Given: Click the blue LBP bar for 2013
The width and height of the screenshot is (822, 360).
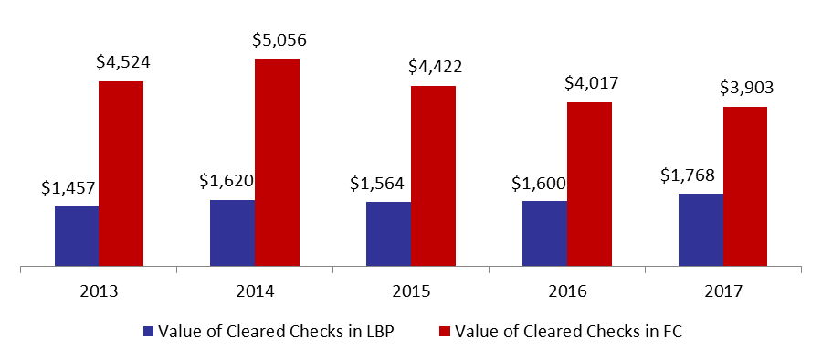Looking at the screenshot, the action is point(77,236).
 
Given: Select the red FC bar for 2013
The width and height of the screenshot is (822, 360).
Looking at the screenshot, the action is point(121,174).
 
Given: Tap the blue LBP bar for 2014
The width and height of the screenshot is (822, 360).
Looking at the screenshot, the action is point(233,233).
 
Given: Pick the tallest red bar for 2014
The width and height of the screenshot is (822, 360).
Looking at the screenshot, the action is point(278,163).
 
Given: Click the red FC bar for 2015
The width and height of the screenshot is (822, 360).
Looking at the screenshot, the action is point(434,175).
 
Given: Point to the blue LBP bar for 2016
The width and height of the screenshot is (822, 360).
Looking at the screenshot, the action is point(544,234).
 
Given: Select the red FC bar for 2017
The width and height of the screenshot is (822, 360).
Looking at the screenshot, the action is point(745,186).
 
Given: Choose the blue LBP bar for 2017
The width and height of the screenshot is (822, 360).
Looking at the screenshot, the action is point(701,230).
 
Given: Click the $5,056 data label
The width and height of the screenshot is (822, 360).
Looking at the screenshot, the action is point(279,40).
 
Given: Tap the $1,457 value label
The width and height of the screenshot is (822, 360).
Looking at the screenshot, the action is point(69,187).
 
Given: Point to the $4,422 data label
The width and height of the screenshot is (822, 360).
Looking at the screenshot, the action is point(436,67).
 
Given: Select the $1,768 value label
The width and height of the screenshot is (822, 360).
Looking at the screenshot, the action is point(687,175).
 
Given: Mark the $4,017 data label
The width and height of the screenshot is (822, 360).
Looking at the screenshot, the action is point(591,83).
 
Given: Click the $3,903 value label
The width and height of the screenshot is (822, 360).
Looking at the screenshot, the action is point(746,88).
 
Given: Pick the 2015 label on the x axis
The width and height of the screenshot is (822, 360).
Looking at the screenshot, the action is point(411,291).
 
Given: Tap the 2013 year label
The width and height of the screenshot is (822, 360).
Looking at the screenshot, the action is point(99,291).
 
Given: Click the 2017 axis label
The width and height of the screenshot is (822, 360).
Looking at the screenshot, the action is point(724,291).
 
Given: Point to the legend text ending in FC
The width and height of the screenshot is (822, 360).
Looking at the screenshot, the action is point(568,332).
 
